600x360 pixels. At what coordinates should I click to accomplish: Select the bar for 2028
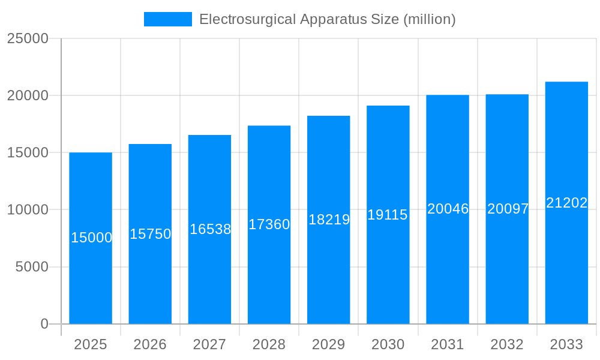pyautogui.click(x=269, y=270)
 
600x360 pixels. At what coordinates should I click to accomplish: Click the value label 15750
pyautogui.click(x=151, y=234)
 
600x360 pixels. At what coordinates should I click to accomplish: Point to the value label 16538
pyautogui.click(x=210, y=229)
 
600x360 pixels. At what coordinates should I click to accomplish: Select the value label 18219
pyautogui.click(x=329, y=220)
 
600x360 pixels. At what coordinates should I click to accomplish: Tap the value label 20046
pyautogui.click(x=448, y=209)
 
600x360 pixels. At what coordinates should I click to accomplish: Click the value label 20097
pyautogui.click(x=508, y=209)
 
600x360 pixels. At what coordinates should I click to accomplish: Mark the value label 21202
pyautogui.click(x=566, y=203)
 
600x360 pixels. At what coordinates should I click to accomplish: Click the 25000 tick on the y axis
pyautogui.click(x=28, y=38)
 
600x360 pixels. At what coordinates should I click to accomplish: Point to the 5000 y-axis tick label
pyautogui.click(x=31, y=267)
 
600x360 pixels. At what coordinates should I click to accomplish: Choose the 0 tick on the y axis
pyautogui.click(x=44, y=324)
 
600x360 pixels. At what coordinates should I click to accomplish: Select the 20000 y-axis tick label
pyautogui.click(x=28, y=95)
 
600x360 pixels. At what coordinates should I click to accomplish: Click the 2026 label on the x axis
pyautogui.click(x=150, y=344)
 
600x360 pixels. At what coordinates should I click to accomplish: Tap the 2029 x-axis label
pyautogui.click(x=329, y=344)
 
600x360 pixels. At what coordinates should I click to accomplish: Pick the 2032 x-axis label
pyautogui.click(x=507, y=344)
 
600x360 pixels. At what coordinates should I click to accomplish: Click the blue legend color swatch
pyautogui.click(x=168, y=19)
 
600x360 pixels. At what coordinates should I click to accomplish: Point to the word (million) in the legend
pyautogui.click(x=430, y=19)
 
